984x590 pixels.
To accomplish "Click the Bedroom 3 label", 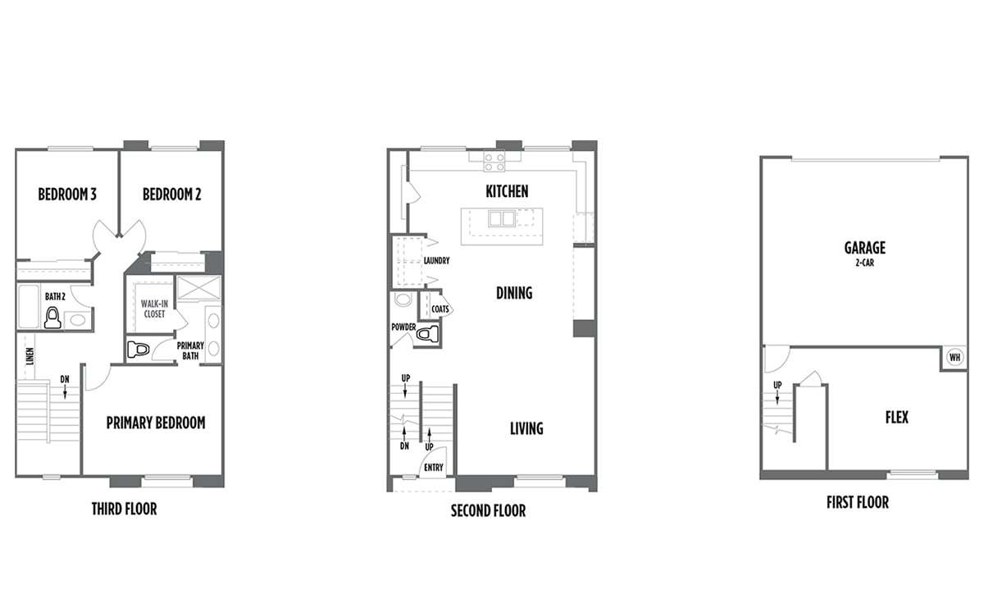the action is (x=67, y=194).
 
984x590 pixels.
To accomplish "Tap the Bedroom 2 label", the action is (x=171, y=194).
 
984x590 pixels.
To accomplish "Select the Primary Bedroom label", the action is (x=156, y=423).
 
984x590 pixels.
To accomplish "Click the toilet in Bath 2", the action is (x=52, y=318).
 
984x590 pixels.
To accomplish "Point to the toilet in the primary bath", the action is (x=139, y=350).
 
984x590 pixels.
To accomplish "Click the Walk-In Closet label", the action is (x=154, y=309).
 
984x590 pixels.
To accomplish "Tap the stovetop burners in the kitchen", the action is (x=494, y=162).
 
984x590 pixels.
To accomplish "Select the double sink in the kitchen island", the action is (x=502, y=218).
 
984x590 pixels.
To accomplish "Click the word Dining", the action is (x=514, y=293).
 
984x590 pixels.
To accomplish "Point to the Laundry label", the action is (x=436, y=261).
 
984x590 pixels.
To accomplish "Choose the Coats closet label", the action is (x=440, y=309).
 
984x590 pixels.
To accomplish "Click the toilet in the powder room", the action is (x=427, y=334).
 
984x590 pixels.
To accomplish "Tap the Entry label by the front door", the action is (x=434, y=468).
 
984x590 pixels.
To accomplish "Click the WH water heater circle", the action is (x=955, y=357).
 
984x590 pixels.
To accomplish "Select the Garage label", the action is (x=865, y=248).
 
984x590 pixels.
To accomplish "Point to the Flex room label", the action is (x=896, y=417).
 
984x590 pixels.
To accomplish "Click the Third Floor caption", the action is (x=125, y=509).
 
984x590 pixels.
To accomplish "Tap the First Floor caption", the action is (x=858, y=502).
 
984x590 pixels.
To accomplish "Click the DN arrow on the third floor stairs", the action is (x=65, y=391).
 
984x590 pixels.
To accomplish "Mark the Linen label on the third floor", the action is (x=30, y=357).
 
